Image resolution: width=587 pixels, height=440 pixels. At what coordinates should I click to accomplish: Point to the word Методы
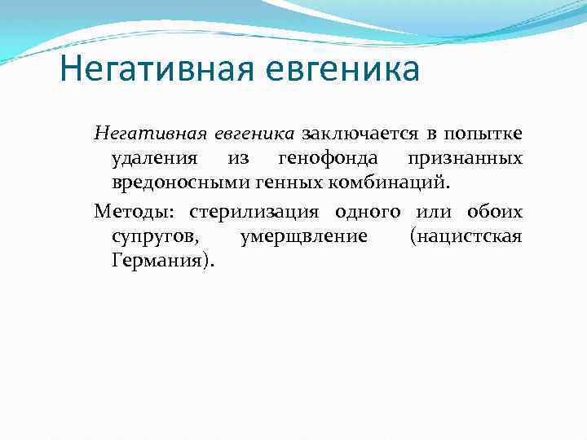(136, 213)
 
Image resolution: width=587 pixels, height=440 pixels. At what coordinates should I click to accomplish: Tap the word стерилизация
(258, 213)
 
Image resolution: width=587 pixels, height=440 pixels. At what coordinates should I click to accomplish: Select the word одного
(368, 213)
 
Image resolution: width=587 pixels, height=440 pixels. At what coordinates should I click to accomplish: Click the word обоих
(495, 213)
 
